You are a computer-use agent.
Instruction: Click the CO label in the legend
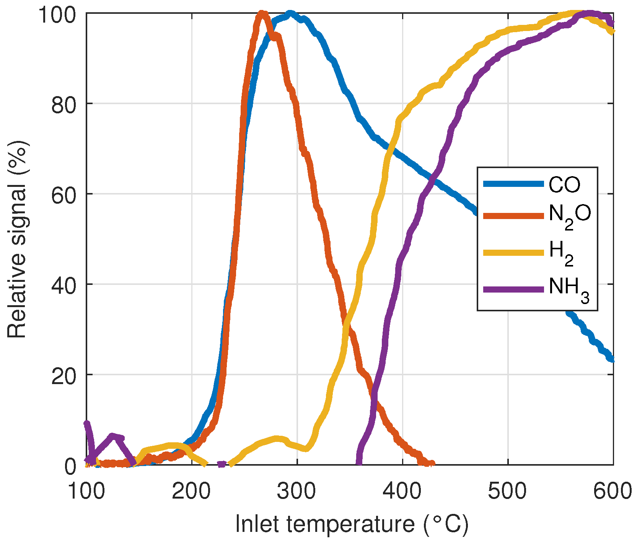pos(564,185)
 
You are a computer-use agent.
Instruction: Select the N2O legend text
pos(570,216)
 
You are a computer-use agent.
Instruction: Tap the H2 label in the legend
pos(561,253)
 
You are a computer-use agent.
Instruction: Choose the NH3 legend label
pos(569,289)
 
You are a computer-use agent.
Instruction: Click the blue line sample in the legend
pos(513,184)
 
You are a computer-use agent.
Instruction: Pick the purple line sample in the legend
pos(513,289)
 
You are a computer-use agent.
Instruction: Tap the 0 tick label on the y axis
pos(70,466)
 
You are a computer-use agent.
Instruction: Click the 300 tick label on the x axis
pos(297,491)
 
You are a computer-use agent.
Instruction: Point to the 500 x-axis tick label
pos(507,491)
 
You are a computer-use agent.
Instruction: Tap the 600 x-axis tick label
pos(612,491)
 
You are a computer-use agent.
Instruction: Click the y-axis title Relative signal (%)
pos(17,239)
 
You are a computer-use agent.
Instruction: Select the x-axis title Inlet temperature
pos(352,524)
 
